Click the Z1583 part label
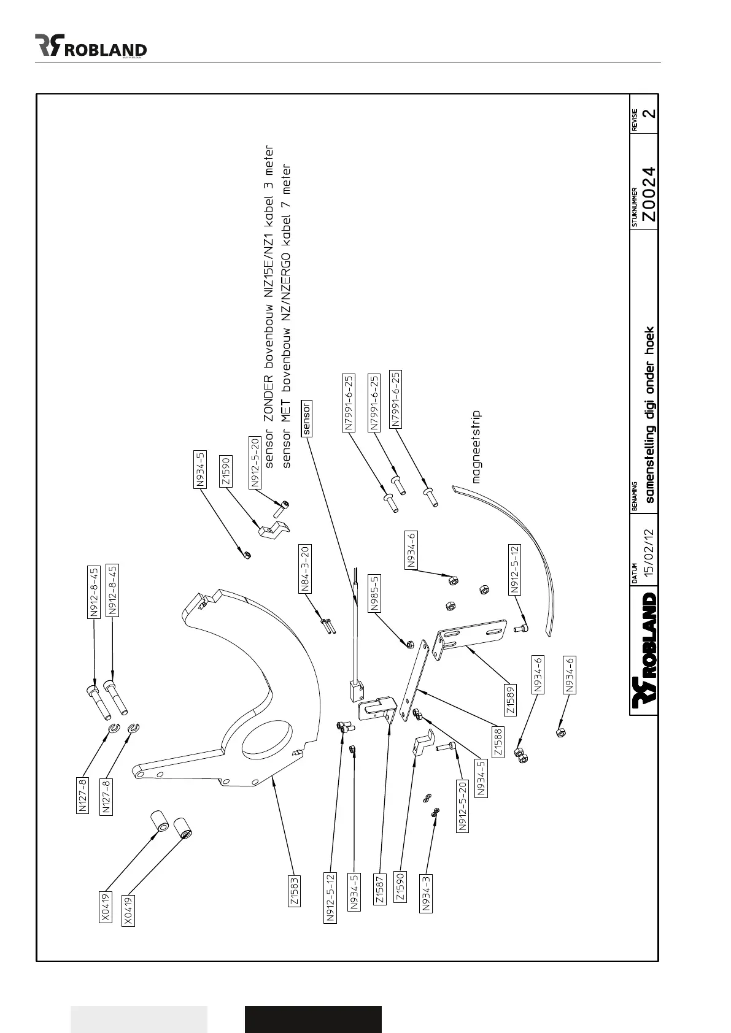[295, 889]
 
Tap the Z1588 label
[498, 741]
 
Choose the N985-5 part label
[375, 593]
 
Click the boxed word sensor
[307, 418]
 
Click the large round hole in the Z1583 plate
[266, 743]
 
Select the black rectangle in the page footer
[313, 1019]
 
